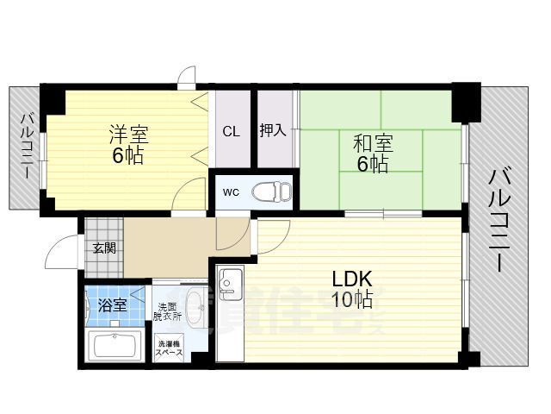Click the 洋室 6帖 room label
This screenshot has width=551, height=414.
127,145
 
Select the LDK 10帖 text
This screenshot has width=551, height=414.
353,289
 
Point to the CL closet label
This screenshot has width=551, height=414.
231,132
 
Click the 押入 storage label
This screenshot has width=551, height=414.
274,131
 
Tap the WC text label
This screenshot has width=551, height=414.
232,191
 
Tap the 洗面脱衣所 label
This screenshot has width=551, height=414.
168,312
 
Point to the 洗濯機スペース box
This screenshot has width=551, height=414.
169,351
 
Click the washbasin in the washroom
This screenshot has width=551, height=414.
195,305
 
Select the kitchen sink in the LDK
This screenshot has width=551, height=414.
230,283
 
